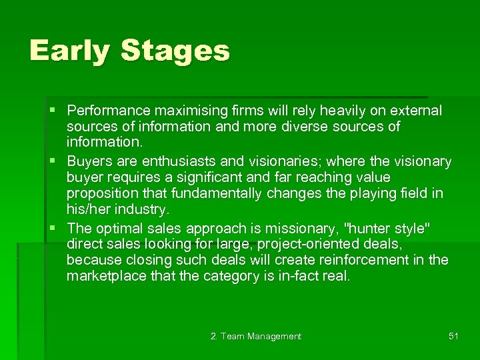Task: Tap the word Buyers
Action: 89,162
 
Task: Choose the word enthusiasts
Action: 175,162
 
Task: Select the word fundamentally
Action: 221,194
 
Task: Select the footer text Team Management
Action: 261,337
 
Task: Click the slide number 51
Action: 453,336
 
